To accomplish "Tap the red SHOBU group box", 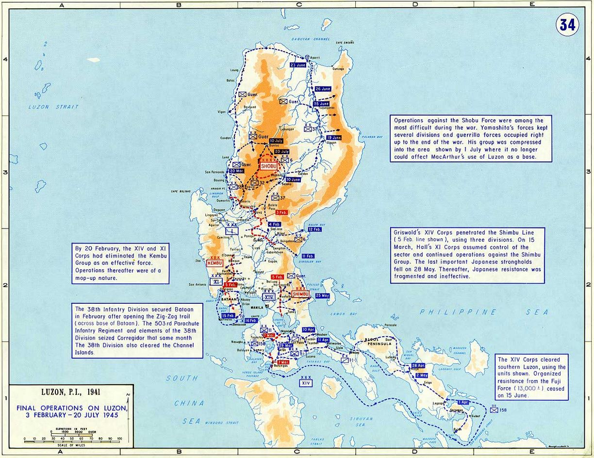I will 268,166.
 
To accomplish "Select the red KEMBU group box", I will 214,263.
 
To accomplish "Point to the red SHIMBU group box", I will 298,294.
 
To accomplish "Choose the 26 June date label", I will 323,89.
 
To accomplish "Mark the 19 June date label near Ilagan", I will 334,138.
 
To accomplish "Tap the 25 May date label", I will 322,295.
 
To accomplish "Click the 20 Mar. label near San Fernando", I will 237,171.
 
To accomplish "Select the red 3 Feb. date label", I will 281,212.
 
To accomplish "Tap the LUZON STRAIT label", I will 47,107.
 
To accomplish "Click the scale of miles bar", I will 71,439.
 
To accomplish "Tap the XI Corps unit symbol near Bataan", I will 217,281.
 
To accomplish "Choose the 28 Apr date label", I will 418,366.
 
